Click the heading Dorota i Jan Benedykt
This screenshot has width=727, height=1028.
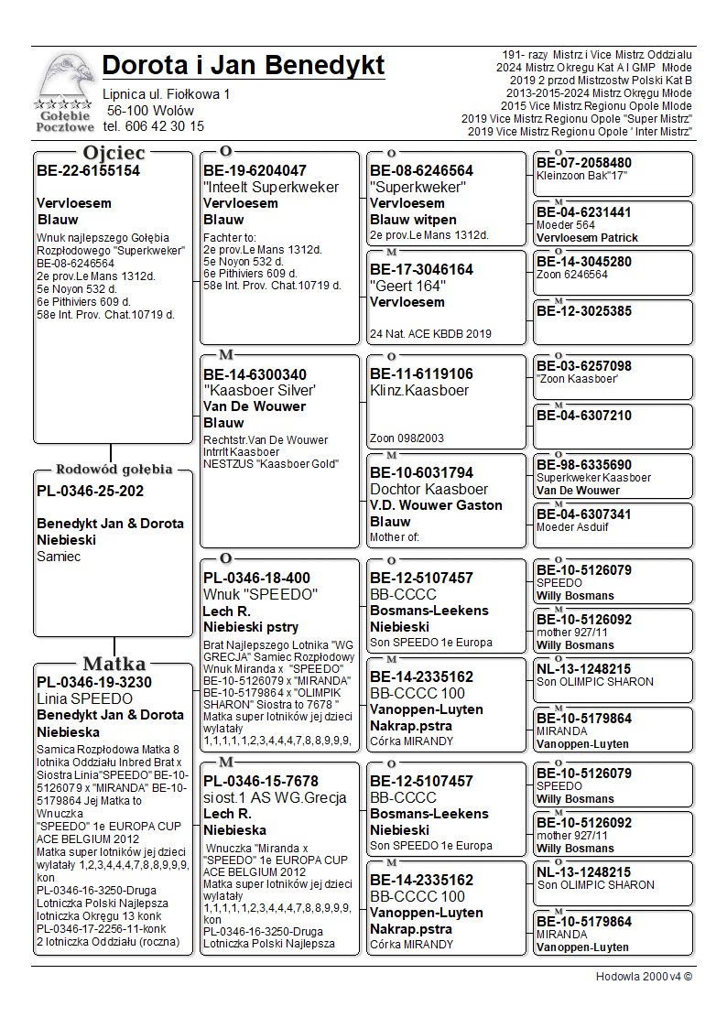click(x=244, y=66)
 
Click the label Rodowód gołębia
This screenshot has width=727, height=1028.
click(x=114, y=470)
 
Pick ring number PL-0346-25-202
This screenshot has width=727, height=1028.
click(x=91, y=491)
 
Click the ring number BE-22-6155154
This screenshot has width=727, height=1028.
click(x=88, y=170)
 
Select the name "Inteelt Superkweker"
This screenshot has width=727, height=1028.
click(x=271, y=187)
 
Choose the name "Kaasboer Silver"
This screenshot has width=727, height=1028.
click(x=261, y=391)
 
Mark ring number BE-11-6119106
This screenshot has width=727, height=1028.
click(x=421, y=373)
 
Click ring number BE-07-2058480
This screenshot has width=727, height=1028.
click(x=583, y=163)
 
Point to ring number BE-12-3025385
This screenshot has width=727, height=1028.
click(x=583, y=311)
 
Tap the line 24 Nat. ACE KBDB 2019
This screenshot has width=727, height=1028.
click(x=430, y=333)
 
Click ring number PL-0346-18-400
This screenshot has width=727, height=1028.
click(x=256, y=578)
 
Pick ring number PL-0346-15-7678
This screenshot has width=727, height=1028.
click(x=261, y=781)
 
